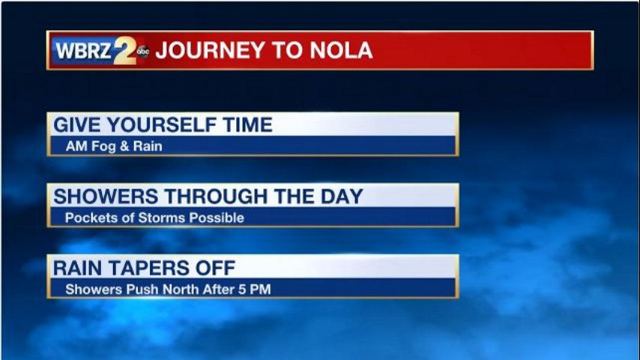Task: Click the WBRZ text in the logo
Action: tap(83, 51)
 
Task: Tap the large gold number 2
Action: tap(125, 50)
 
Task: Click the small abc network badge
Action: tap(143, 51)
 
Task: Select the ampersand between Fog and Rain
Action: tap(124, 146)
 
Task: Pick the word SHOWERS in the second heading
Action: tap(106, 196)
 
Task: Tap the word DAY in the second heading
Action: tap(342, 196)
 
